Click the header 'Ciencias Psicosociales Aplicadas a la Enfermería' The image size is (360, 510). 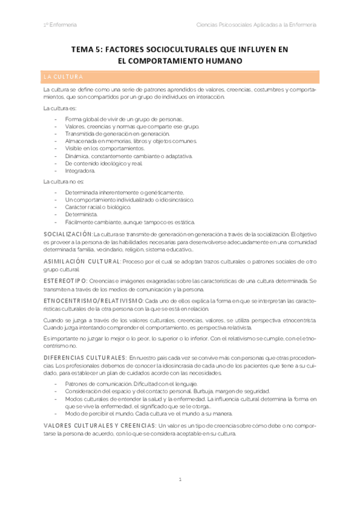click(257, 25)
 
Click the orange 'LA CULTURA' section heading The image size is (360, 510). click(67, 78)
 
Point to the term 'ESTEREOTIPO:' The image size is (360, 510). click(66, 281)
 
